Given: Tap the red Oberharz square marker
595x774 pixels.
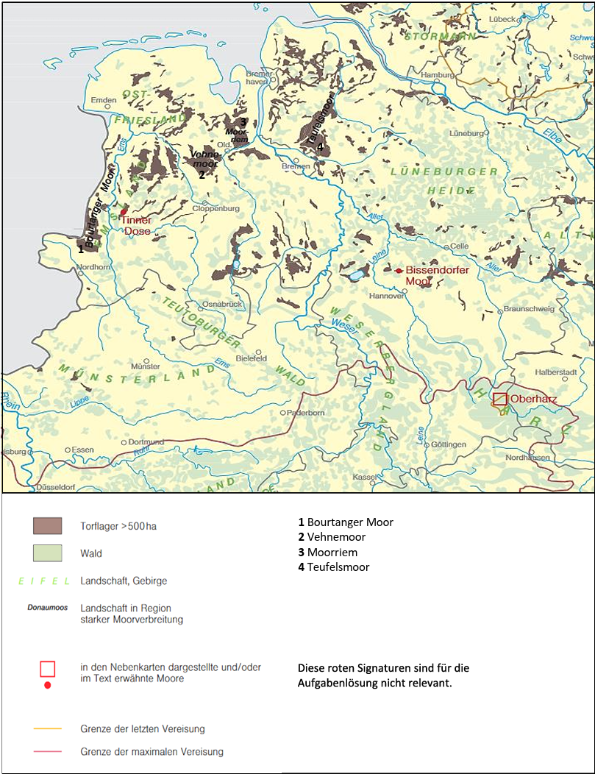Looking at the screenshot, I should pyautogui.click(x=500, y=399).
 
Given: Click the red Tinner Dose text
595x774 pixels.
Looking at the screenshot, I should pyautogui.click(x=137, y=225).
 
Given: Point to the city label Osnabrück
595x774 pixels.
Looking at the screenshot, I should pyautogui.click(x=221, y=304).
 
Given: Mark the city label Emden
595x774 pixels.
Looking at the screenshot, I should pyautogui.click(x=104, y=100).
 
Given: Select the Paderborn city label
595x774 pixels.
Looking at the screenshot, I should pyautogui.click(x=307, y=413).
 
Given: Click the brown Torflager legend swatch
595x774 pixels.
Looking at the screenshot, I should pyautogui.click(x=47, y=525).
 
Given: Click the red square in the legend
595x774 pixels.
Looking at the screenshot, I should pyautogui.click(x=47, y=668).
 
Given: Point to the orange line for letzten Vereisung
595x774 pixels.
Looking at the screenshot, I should pyautogui.click(x=47, y=729).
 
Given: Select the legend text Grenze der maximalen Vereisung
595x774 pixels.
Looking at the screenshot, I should pyautogui.click(x=152, y=752).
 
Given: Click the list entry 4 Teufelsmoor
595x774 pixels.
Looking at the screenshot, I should pyautogui.click(x=333, y=567).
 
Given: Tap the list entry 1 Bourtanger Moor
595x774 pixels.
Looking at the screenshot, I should pyautogui.click(x=345, y=522).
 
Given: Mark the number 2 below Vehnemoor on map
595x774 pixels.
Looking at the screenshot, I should pyautogui.click(x=201, y=175).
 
